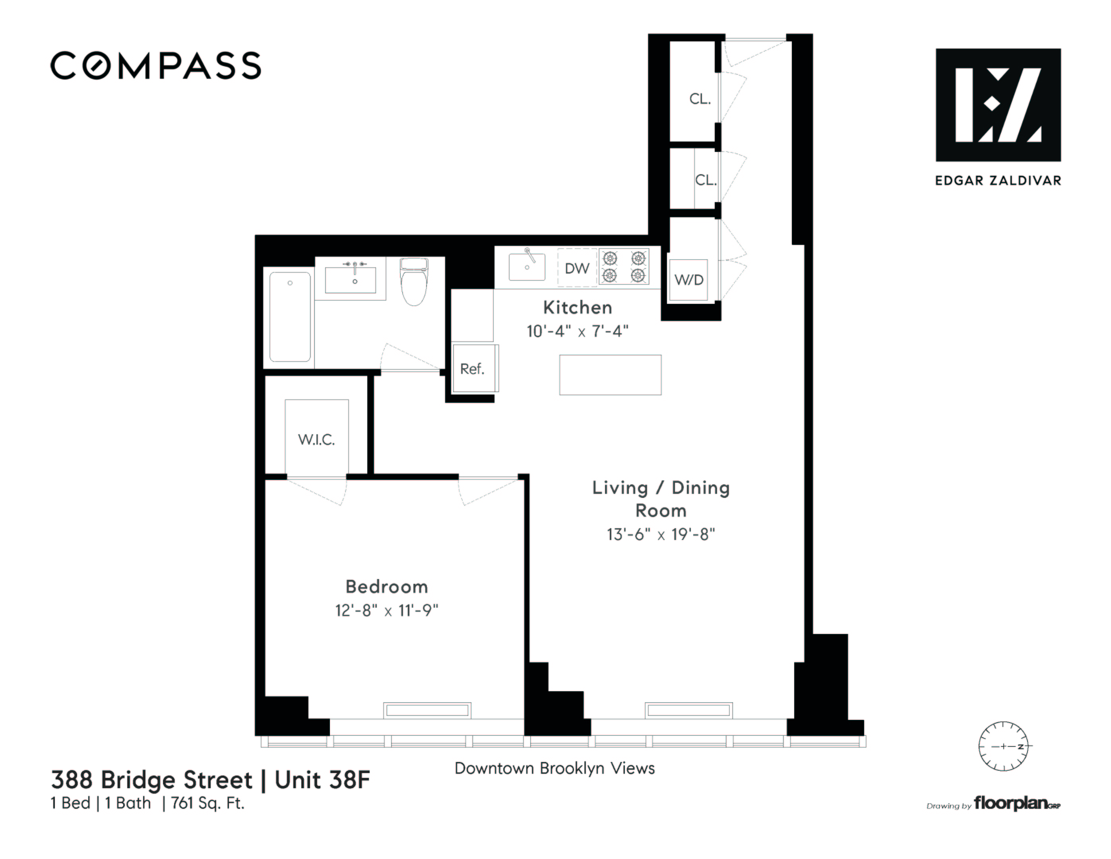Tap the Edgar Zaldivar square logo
click(998, 105)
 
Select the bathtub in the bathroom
click(289, 317)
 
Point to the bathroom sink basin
click(351, 280)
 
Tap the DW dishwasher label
click(577, 268)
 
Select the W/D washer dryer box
click(688, 280)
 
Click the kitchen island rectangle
click(610, 375)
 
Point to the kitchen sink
click(527, 267)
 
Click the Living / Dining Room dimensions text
click(660, 534)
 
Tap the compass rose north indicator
click(1003, 746)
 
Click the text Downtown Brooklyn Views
click(555, 768)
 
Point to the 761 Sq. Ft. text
click(207, 803)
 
